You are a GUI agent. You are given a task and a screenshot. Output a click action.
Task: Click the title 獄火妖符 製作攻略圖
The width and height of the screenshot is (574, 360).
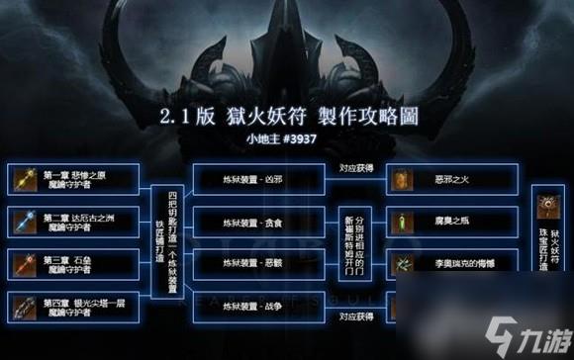point(286,116)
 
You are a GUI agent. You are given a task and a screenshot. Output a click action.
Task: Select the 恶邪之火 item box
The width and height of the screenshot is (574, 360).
point(445,180)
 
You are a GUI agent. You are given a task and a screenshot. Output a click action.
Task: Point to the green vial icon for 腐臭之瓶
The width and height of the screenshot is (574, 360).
point(402,223)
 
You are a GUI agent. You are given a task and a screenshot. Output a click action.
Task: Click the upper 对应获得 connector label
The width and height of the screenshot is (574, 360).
point(355,167)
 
